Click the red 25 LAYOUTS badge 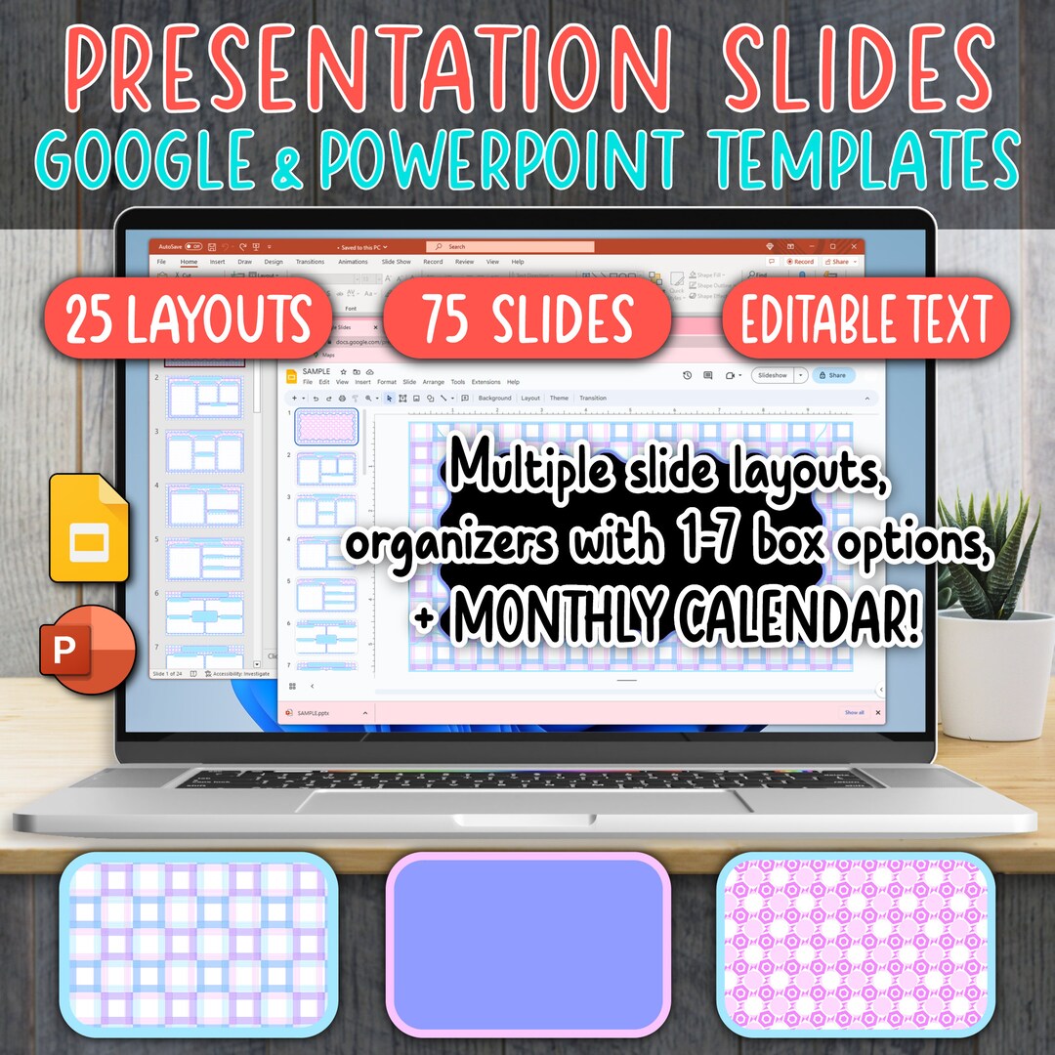coord(188,318)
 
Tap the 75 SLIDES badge coord(527,318)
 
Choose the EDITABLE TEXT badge coord(865,318)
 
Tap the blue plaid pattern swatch coord(198,944)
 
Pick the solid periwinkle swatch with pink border coord(527,944)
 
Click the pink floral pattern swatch coord(856,944)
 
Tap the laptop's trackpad coord(527,802)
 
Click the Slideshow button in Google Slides coord(775,375)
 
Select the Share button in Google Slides coord(832,375)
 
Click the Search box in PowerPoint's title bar coord(508,247)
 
